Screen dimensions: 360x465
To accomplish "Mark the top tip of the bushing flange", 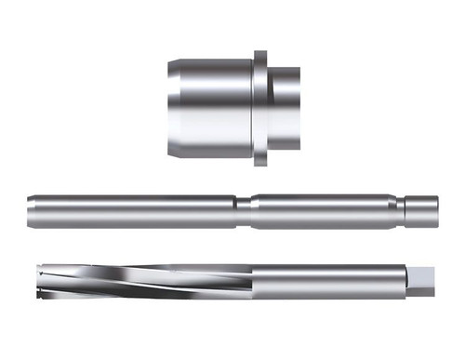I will click(261, 53).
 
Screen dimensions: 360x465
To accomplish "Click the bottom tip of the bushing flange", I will click(261, 164).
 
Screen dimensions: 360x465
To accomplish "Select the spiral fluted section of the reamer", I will click(139, 280).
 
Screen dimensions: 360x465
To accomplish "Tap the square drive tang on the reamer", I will click(423, 280).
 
